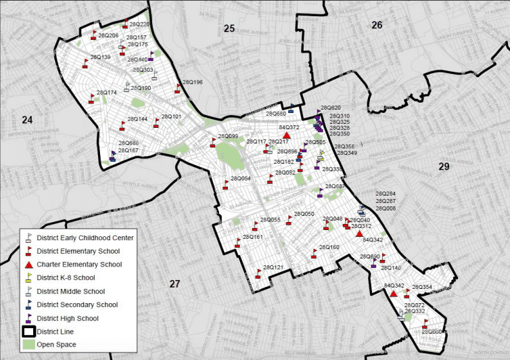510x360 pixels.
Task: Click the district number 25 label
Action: point(229,28)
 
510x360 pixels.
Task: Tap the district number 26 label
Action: point(377,25)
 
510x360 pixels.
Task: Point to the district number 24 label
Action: point(27,120)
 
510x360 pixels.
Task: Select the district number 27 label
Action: point(175,284)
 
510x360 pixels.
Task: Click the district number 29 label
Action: point(444,166)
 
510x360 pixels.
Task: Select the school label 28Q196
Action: point(191,82)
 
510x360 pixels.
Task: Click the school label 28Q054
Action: point(241,178)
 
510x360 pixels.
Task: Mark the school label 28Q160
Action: point(329,247)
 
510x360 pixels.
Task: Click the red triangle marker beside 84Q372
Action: point(287,135)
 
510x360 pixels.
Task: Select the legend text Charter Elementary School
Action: point(79,264)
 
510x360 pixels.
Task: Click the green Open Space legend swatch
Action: point(28,344)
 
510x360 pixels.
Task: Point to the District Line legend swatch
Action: point(28,332)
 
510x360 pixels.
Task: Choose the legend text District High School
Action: point(68,318)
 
